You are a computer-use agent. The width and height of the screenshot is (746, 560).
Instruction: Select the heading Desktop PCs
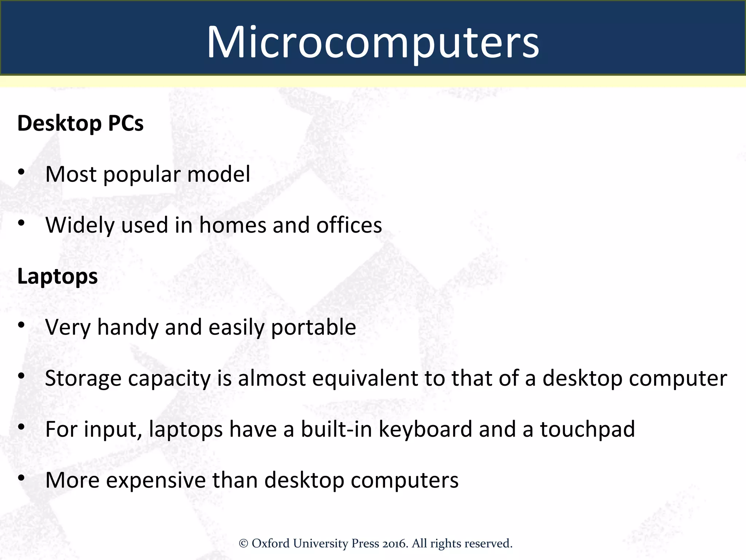pyautogui.click(x=81, y=123)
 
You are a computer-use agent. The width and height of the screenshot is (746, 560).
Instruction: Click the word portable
pyautogui.click(x=313, y=327)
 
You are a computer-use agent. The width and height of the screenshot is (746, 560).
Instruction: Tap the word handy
pyautogui.click(x=128, y=327)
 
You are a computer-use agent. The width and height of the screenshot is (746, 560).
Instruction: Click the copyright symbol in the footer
pyautogui.click(x=243, y=544)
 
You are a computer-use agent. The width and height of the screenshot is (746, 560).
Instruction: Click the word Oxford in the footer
pyautogui.click(x=270, y=544)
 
